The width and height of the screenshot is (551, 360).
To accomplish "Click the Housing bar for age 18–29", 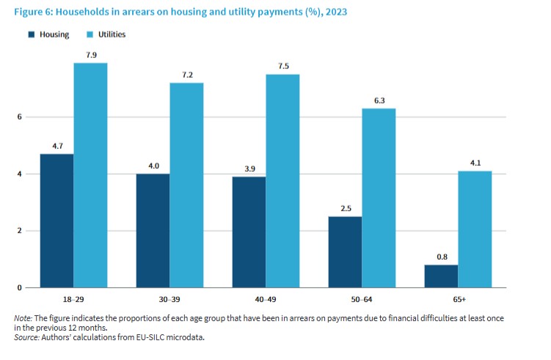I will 57,220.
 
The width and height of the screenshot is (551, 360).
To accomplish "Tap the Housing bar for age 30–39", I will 153,230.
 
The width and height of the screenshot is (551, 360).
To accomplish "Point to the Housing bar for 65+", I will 442,276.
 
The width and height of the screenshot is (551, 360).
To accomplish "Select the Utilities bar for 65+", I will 475,229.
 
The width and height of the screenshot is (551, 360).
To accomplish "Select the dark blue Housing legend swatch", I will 32,34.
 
